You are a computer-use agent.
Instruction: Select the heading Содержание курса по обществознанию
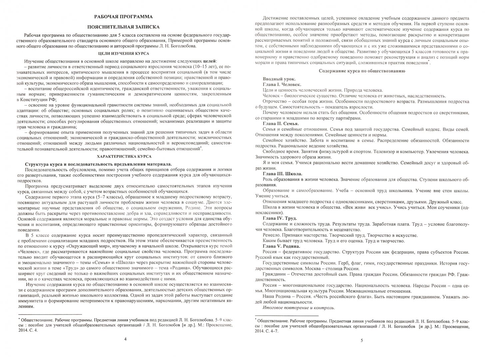(x=362, y=71)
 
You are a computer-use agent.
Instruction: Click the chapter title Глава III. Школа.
(x=282, y=174)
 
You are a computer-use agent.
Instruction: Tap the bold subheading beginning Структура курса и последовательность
(x=99, y=164)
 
